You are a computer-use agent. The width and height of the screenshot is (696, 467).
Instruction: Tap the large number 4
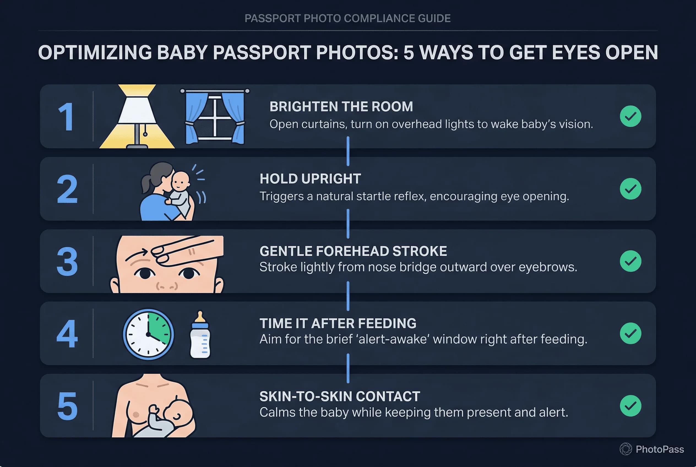click(x=67, y=333)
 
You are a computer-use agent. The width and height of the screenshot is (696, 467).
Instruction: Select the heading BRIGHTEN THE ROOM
click(x=341, y=107)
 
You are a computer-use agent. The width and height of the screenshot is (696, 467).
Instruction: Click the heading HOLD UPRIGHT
click(x=310, y=179)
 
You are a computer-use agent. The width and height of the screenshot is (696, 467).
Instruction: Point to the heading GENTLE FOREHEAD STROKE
click(x=353, y=251)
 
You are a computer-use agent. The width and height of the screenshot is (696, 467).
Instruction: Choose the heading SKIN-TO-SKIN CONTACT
click(x=339, y=397)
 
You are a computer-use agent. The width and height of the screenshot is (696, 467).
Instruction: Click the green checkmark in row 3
click(x=630, y=261)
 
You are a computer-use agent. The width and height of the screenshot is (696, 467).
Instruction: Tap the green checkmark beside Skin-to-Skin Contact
click(x=630, y=406)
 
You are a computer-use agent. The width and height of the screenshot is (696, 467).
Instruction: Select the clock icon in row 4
click(x=148, y=334)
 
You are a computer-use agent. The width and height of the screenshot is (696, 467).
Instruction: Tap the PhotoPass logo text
click(x=660, y=449)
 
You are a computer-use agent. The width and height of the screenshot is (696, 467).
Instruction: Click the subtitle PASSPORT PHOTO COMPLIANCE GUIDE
click(x=347, y=18)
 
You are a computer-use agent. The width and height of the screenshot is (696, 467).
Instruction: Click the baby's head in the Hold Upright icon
click(x=181, y=180)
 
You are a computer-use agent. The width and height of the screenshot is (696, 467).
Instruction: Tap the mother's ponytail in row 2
click(x=146, y=183)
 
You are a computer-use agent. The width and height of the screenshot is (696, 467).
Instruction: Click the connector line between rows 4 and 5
click(x=348, y=368)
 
